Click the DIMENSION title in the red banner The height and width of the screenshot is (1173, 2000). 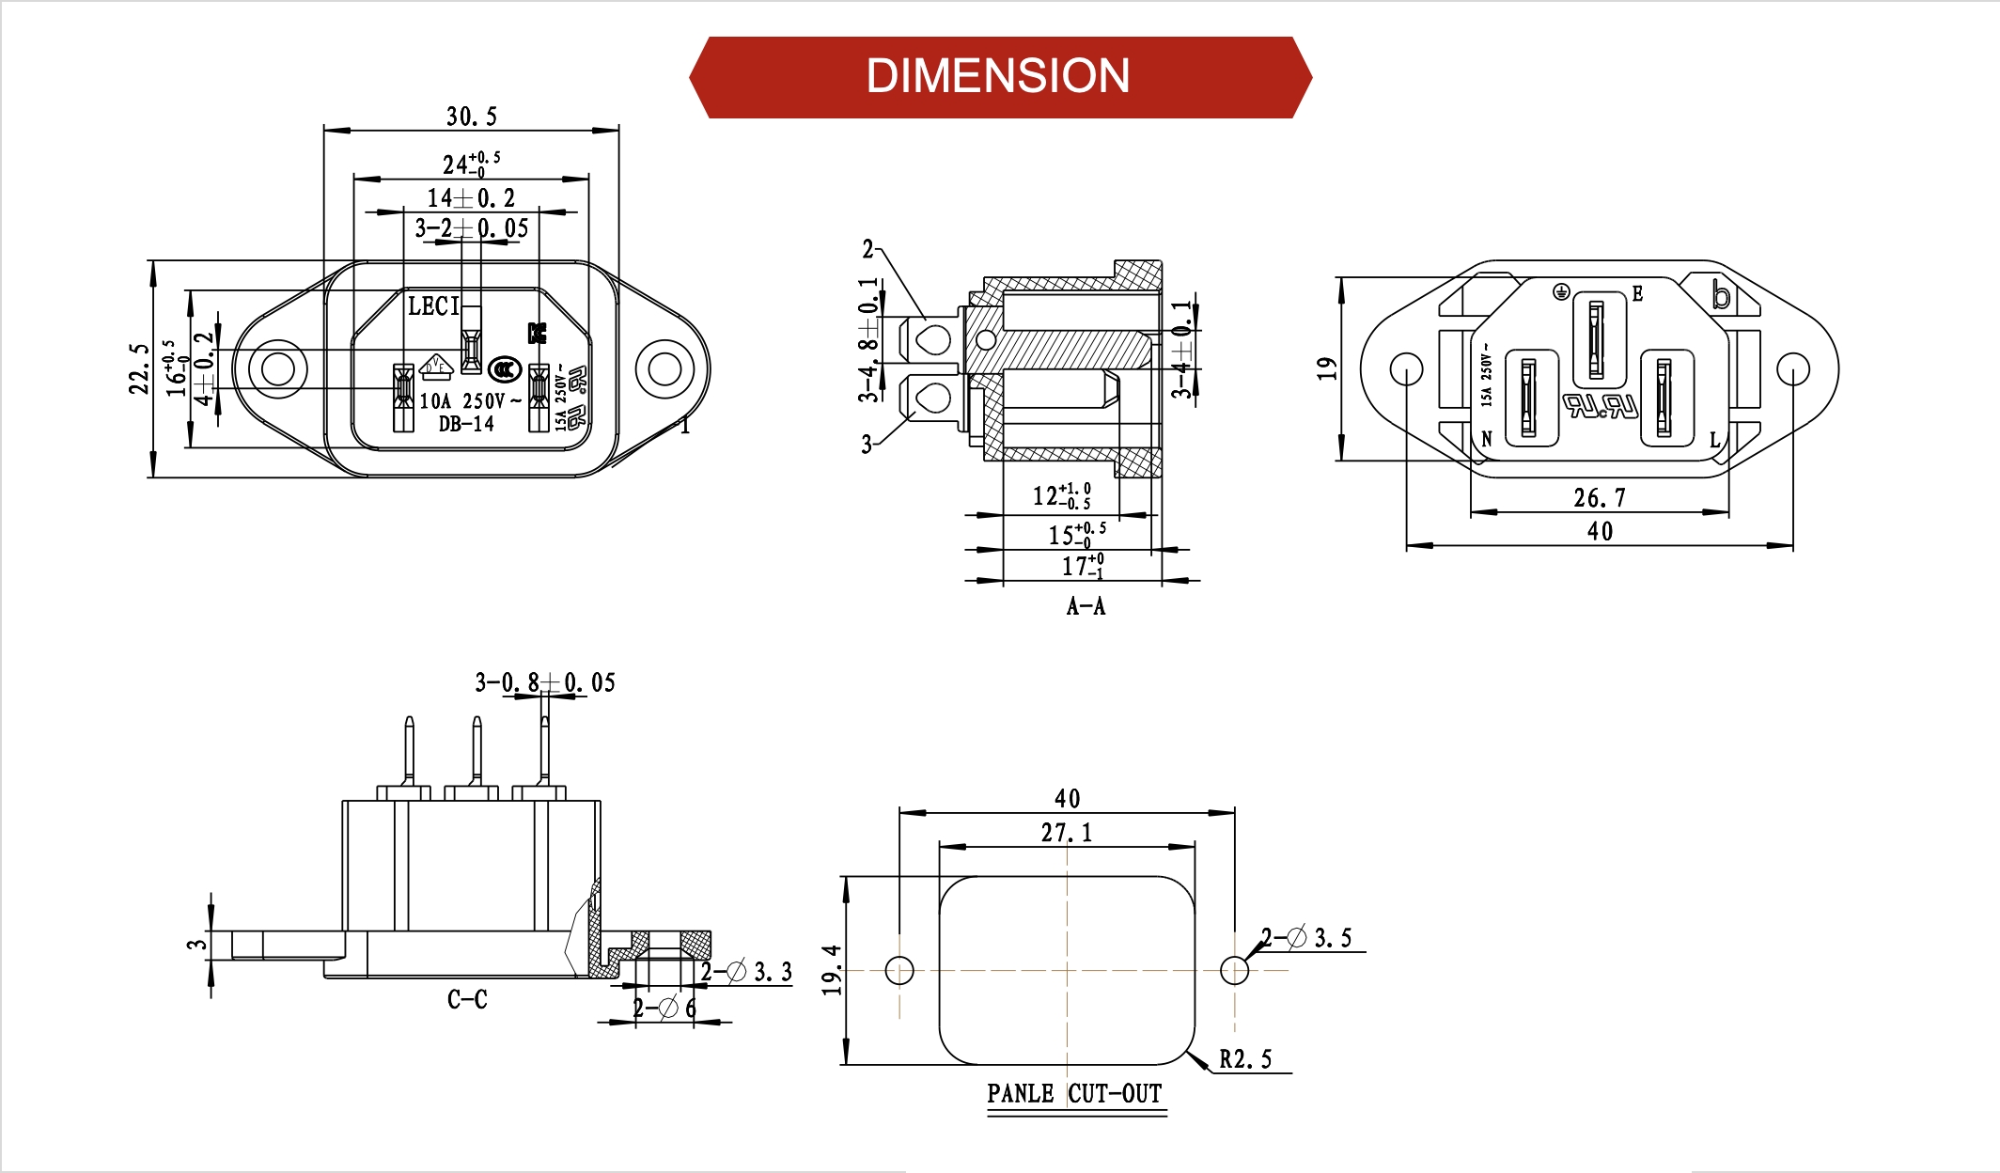coord(997,76)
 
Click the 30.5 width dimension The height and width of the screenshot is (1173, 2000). coord(471,117)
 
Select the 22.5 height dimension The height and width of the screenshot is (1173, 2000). coord(139,368)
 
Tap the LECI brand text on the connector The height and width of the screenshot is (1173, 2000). coord(433,306)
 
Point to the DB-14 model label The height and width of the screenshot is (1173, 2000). coord(466,424)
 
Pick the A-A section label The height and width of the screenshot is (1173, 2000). coord(1086,606)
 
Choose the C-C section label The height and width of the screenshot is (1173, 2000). coord(467,999)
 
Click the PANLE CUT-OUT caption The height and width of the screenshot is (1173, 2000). coord(1074,1094)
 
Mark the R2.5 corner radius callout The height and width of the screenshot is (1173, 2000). coord(1245,1059)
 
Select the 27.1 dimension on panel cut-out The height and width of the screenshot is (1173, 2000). coord(1066,833)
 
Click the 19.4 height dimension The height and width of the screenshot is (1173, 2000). coord(831,970)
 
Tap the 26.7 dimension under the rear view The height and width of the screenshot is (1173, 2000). coord(1599,497)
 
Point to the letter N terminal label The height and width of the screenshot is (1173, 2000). coord(1487,439)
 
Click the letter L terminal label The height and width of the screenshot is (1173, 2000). coord(1714,440)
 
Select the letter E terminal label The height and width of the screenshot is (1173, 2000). coord(1637,293)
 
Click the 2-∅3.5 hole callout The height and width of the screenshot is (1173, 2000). coord(1306,937)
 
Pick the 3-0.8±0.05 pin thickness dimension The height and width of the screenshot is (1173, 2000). coord(545,682)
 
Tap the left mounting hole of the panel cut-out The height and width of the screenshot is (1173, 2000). coord(899,970)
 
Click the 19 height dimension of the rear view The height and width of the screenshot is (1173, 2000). coord(1326,368)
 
